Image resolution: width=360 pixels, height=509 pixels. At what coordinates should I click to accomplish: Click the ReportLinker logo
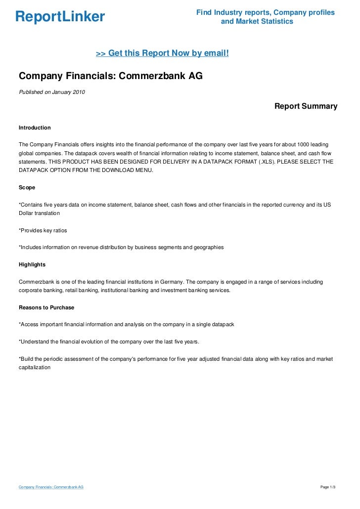[60, 17]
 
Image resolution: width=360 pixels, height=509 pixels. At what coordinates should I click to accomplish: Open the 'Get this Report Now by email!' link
[162, 53]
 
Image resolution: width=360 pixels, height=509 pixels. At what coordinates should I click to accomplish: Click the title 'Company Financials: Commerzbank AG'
[111, 76]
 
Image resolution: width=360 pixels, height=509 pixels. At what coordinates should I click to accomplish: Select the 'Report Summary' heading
[306, 106]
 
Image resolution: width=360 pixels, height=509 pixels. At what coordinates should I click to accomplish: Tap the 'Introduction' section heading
[35, 127]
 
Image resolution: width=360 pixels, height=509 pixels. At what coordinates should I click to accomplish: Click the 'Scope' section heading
[27, 188]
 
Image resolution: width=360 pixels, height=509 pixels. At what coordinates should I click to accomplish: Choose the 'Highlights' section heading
[32, 265]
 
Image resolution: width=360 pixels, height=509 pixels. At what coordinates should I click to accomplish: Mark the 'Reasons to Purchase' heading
[46, 307]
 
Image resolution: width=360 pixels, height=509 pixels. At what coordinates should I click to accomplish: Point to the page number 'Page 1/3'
[328, 487]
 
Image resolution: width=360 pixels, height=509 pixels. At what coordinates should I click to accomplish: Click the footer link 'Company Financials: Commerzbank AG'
[51, 487]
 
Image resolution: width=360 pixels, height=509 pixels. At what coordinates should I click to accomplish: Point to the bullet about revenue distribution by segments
[121, 247]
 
